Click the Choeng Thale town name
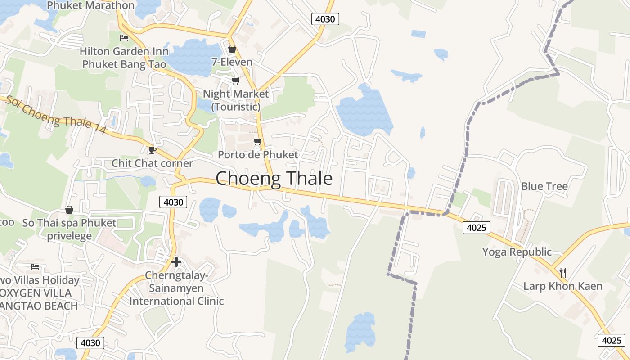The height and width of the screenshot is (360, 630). pyautogui.click(x=274, y=179)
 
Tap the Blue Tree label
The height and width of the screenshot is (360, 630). pyautogui.click(x=544, y=186)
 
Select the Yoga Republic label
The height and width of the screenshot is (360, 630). pyautogui.click(x=517, y=252)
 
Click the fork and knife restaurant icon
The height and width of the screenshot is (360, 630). pyautogui.click(x=562, y=272)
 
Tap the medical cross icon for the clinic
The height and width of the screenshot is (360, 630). pyautogui.click(x=176, y=261)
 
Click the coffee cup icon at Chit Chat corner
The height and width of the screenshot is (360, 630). pyautogui.click(x=152, y=149)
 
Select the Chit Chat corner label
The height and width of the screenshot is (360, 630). pyautogui.click(x=152, y=163)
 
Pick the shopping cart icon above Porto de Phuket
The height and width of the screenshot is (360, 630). pyautogui.click(x=257, y=142)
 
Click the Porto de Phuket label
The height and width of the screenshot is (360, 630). pyautogui.click(x=258, y=155)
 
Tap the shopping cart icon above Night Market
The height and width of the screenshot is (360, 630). pyautogui.click(x=235, y=81)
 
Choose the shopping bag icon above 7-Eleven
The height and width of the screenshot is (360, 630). pyautogui.click(x=232, y=49)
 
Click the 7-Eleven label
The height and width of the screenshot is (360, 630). pyautogui.click(x=232, y=62)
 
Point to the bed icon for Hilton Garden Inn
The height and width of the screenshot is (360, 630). pyautogui.click(x=124, y=38)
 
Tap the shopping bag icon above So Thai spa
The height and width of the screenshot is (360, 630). pyautogui.click(x=69, y=210)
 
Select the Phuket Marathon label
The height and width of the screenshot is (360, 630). pyautogui.click(x=90, y=5)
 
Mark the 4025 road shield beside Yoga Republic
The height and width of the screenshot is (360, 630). pyautogui.click(x=476, y=227)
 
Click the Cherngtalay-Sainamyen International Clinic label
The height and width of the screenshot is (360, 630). pyautogui.click(x=176, y=288)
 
